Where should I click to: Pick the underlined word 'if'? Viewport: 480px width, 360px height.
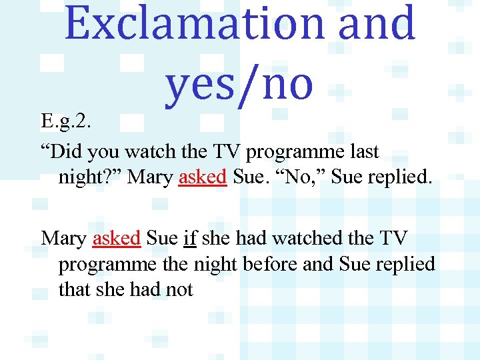(x=189, y=237)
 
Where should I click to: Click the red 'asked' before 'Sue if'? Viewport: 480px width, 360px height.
(x=116, y=237)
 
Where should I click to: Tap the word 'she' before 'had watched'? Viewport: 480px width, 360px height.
(x=215, y=237)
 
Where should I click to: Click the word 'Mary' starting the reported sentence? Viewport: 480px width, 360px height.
(x=63, y=237)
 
